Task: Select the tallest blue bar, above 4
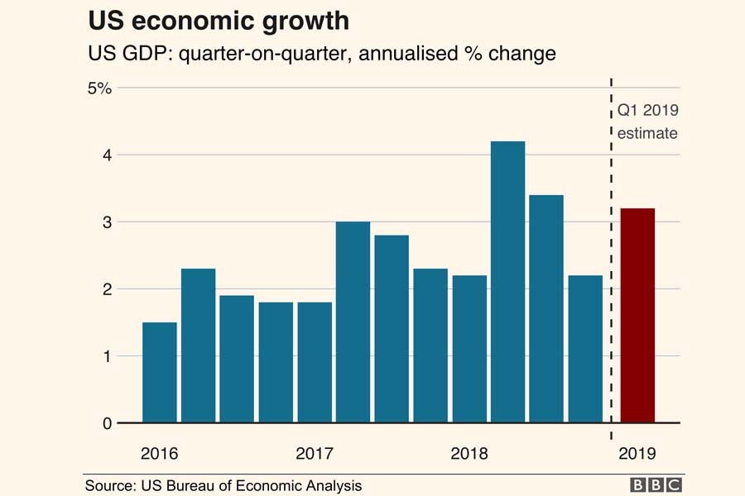(x=507, y=282)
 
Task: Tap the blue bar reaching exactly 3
(x=353, y=322)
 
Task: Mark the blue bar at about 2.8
(x=392, y=329)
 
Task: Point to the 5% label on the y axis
(x=99, y=88)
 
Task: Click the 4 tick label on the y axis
(x=108, y=155)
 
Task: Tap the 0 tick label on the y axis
(x=108, y=423)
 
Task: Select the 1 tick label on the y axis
(x=108, y=356)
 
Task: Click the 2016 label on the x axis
(x=159, y=454)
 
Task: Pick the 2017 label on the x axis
(x=314, y=454)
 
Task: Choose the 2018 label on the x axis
(x=469, y=454)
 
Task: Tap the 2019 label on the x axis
(x=637, y=454)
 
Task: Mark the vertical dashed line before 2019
(x=611, y=248)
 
